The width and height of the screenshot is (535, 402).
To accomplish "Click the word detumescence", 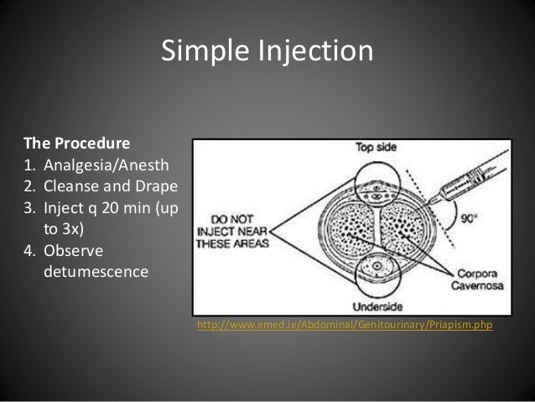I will coord(91,273).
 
